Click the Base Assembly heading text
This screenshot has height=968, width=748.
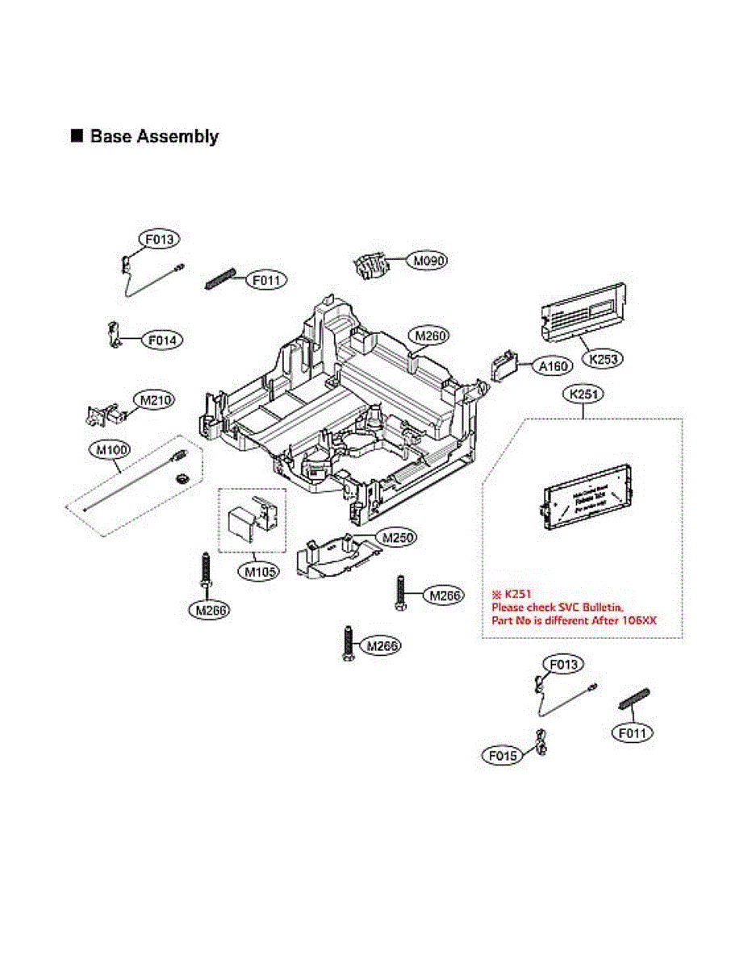tap(153, 136)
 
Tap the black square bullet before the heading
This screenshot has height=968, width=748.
tap(77, 136)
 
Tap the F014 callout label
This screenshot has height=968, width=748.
tap(162, 340)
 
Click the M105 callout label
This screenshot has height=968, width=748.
tap(261, 572)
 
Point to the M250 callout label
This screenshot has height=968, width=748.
tap(398, 536)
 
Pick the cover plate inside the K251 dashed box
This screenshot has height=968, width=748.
tap(583, 499)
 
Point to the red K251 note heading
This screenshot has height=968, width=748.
tap(512, 593)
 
